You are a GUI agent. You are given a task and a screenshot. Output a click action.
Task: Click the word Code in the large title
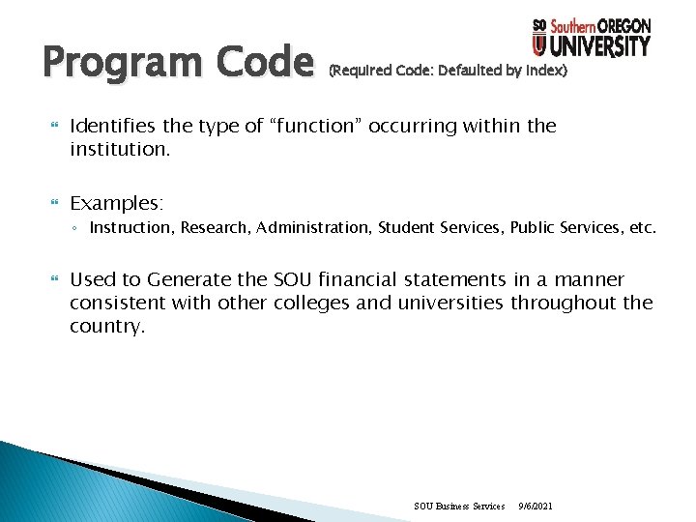[x=262, y=64]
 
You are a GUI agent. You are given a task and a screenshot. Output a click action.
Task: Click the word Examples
[x=117, y=203]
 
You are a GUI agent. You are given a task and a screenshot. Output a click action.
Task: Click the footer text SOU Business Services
[x=459, y=506]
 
